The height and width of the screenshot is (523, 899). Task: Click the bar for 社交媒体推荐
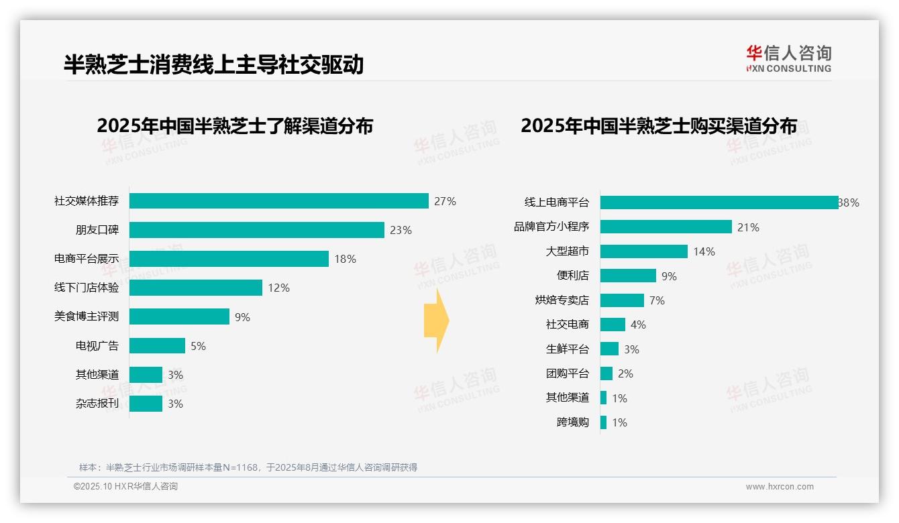tap(278, 201)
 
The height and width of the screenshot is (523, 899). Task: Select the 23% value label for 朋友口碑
tap(401, 230)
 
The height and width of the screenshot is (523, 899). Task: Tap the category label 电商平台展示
tap(87, 259)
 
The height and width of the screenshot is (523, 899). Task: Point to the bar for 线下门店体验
tap(195, 288)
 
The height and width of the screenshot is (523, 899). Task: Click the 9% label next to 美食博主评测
tap(242, 317)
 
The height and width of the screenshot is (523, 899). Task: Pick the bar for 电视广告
tap(157, 346)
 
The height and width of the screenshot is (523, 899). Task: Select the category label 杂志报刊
tap(97, 404)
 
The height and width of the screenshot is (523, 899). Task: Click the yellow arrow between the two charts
tap(436, 321)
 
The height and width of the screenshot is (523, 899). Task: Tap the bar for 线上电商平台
tap(719, 202)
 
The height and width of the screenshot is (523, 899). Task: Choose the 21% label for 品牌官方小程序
tap(748, 227)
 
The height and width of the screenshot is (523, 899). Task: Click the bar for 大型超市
tap(643, 251)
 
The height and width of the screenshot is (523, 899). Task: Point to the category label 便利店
tap(572, 276)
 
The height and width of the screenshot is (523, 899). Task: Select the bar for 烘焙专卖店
tap(622, 300)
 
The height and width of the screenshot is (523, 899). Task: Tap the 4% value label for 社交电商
tap(638, 325)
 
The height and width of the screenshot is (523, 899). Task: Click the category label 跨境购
tap(572, 422)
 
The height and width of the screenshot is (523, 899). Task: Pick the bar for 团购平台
tap(606, 373)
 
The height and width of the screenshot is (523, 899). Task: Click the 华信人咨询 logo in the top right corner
tap(788, 58)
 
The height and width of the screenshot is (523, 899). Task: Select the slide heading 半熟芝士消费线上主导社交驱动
tap(213, 64)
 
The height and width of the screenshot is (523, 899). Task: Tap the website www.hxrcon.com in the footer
tap(780, 486)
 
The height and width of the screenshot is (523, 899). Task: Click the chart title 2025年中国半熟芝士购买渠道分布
tap(659, 126)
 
